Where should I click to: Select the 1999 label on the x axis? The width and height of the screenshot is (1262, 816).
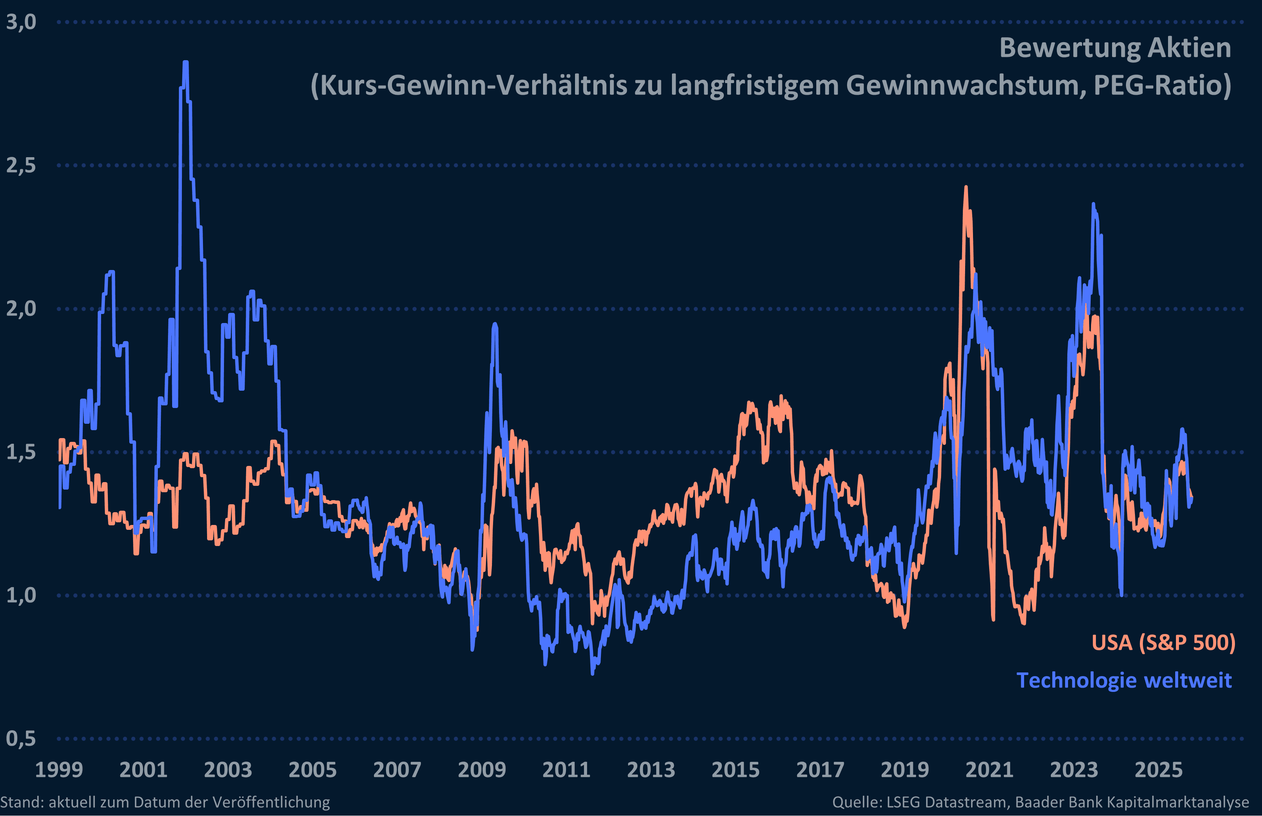click(59, 770)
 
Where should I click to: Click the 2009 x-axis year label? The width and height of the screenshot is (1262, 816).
click(481, 770)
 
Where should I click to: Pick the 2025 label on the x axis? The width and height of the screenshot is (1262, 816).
click(1158, 770)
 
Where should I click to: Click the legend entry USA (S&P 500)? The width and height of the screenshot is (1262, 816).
click(1163, 642)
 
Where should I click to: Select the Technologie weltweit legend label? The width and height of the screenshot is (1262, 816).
click(1124, 680)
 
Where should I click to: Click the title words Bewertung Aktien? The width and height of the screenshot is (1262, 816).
click(1115, 48)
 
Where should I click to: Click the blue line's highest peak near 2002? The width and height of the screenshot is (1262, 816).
click(185, 62)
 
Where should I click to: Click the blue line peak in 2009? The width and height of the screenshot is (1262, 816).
click(495, 324)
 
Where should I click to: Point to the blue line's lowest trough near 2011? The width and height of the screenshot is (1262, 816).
click(592, 673)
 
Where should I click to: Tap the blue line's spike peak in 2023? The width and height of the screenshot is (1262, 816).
click(1093, 204)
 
